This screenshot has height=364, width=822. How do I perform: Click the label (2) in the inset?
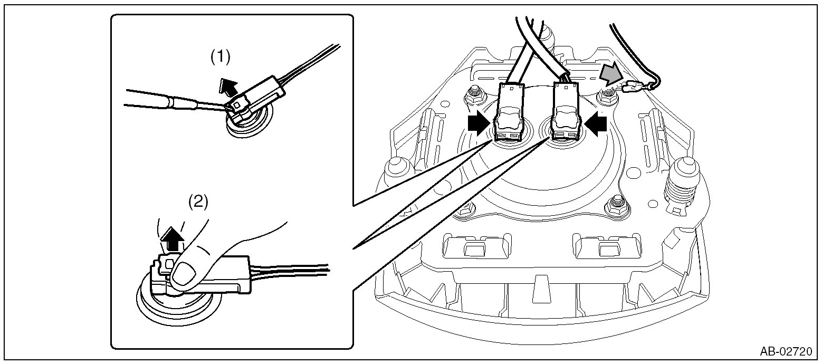tap(198, 202)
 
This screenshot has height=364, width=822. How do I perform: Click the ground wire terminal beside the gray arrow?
tap(633, 88)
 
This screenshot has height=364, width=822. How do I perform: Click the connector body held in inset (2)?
tap(211, 272)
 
